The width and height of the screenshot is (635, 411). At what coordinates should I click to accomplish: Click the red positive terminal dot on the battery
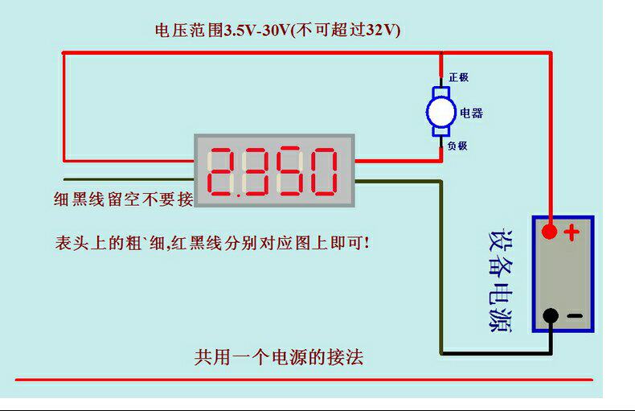(x=549, y=232)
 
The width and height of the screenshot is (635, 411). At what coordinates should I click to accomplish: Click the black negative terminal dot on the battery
(x=550, y=316)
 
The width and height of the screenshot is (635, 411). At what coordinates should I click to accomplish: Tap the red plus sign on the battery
(x=571, y=233)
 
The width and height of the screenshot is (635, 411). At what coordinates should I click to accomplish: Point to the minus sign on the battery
(x=574, y=316)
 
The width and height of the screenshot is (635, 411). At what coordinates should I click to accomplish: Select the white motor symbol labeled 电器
(x=440, y=113)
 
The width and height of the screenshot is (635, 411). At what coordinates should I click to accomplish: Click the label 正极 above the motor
(x=458, y=77)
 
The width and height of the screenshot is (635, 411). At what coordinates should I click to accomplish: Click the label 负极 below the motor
(x=457, y=146)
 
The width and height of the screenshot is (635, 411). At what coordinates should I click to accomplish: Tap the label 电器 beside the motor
(x=471, y=113)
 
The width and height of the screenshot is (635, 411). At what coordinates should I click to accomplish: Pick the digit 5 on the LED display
(x=289, y=171)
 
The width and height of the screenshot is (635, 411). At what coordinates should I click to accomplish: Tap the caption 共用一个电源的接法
(x=279, y=356)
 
